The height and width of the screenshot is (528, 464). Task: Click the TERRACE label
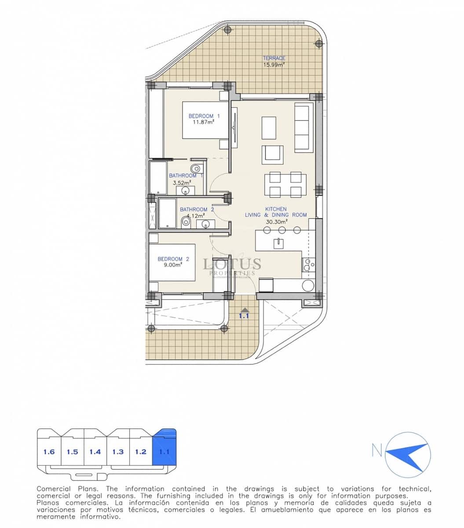pyautogui.click(x=274, y=58)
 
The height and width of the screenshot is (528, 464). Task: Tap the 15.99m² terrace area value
pyautogui.click(x=274, y=64)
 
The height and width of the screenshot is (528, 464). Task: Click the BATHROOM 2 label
pyautogui.click(x=197, y=209)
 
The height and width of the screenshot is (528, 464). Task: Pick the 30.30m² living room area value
pyautogui.click(x=276, y=221)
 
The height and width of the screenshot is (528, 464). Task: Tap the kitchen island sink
pyautogui.click(x=278, y=243)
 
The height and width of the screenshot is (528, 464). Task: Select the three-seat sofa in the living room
pyautogui.click(x=302, y=128)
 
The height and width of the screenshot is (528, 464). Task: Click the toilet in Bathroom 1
pyautogui.click(x=196, y=168)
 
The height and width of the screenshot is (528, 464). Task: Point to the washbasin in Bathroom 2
pyautogui.click(x=206, y=224)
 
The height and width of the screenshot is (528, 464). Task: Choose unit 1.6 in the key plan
pyautogui.click(x=49, y=451)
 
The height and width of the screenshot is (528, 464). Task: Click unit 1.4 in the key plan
pyautogui.click(x=95, y=451)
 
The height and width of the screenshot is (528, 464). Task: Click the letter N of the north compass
pyautogui.click(x=377, y=450)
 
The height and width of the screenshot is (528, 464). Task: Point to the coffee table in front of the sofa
pyautogui.click(x=269, y=128)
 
